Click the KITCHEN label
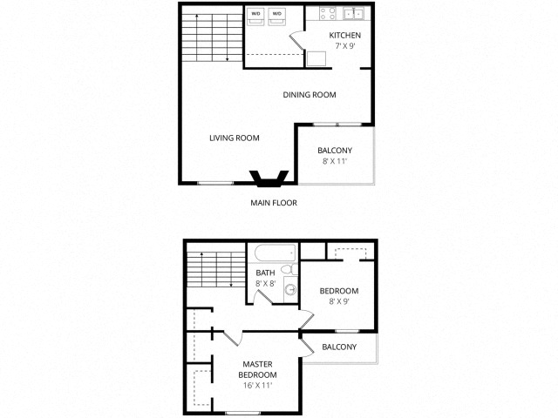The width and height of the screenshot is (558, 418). coord(344,36)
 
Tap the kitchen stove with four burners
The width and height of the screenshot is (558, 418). coord(328,14)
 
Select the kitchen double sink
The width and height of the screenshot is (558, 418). coord(356,14)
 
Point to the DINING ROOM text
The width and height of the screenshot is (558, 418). coord(310,95)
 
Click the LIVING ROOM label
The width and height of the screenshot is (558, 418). coord(234,138)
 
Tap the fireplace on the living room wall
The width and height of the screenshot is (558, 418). coord(269,179)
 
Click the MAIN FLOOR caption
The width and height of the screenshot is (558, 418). coord(273,202)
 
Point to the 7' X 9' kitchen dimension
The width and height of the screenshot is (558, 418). coord(344,47)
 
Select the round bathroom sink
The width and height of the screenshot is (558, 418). coord(289,287)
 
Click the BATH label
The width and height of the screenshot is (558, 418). coord(265,273)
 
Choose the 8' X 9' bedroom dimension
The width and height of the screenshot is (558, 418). coord(338,302)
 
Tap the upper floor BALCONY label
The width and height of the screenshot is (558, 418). coord(339,347)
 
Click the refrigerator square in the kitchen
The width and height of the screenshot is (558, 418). coord(316,58)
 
